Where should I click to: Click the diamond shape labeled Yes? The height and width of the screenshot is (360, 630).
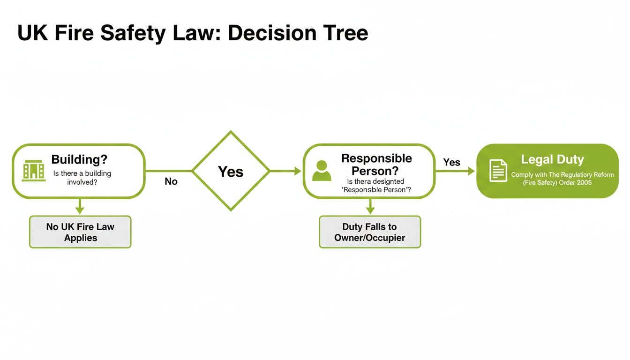click(x=231, y=171)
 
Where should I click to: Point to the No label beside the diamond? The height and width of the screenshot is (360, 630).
click(x=171, y=181)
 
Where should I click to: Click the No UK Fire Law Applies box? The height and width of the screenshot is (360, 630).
click(x=80, y=232)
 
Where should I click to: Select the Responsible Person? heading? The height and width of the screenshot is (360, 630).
click(x=376, y=164)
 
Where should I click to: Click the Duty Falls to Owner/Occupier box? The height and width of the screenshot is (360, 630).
click(x=370, y=232)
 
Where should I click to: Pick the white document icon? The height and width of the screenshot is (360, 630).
click(x=498, y=171)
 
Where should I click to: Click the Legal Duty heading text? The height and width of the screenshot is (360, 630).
click(x=552, y=159)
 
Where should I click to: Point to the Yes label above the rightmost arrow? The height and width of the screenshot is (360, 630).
click(x=451, y=162)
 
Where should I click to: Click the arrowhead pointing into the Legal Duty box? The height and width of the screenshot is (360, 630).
click(x=471, y=172)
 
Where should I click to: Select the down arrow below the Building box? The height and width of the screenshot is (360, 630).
click(x=80, y=209)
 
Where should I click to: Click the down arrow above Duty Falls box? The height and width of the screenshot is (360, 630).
click(x=370, y=209)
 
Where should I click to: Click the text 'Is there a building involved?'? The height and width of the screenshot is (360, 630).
click(x=82, y=178)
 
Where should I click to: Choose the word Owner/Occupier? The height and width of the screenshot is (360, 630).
click(x=370, y=238)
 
